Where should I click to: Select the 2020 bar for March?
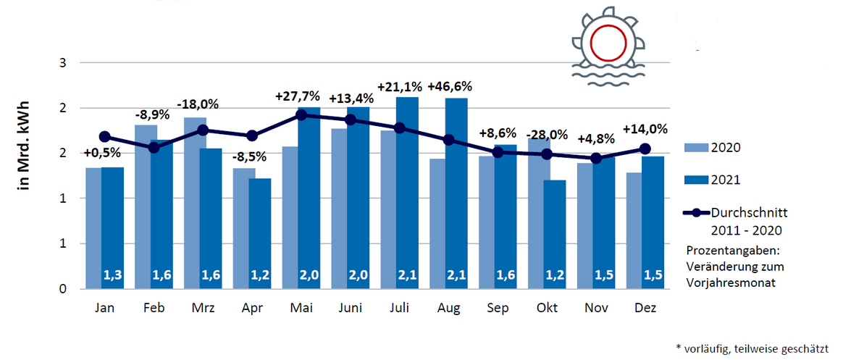195,203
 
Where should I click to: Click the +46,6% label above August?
457,87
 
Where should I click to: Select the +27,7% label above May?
298,96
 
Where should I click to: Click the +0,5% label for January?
101,153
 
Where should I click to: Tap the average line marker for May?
301,114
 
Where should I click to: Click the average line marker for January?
104,136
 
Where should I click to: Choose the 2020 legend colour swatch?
695,148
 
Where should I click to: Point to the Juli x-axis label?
400,309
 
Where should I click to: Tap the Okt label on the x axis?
547,309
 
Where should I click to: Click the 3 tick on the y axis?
63,63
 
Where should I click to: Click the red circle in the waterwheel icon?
608,41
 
